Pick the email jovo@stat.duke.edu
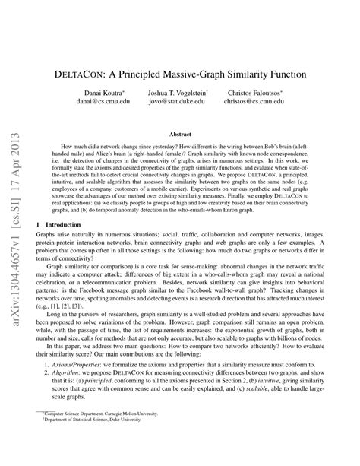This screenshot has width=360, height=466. (177, 100)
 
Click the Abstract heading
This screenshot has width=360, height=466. (180, 133)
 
